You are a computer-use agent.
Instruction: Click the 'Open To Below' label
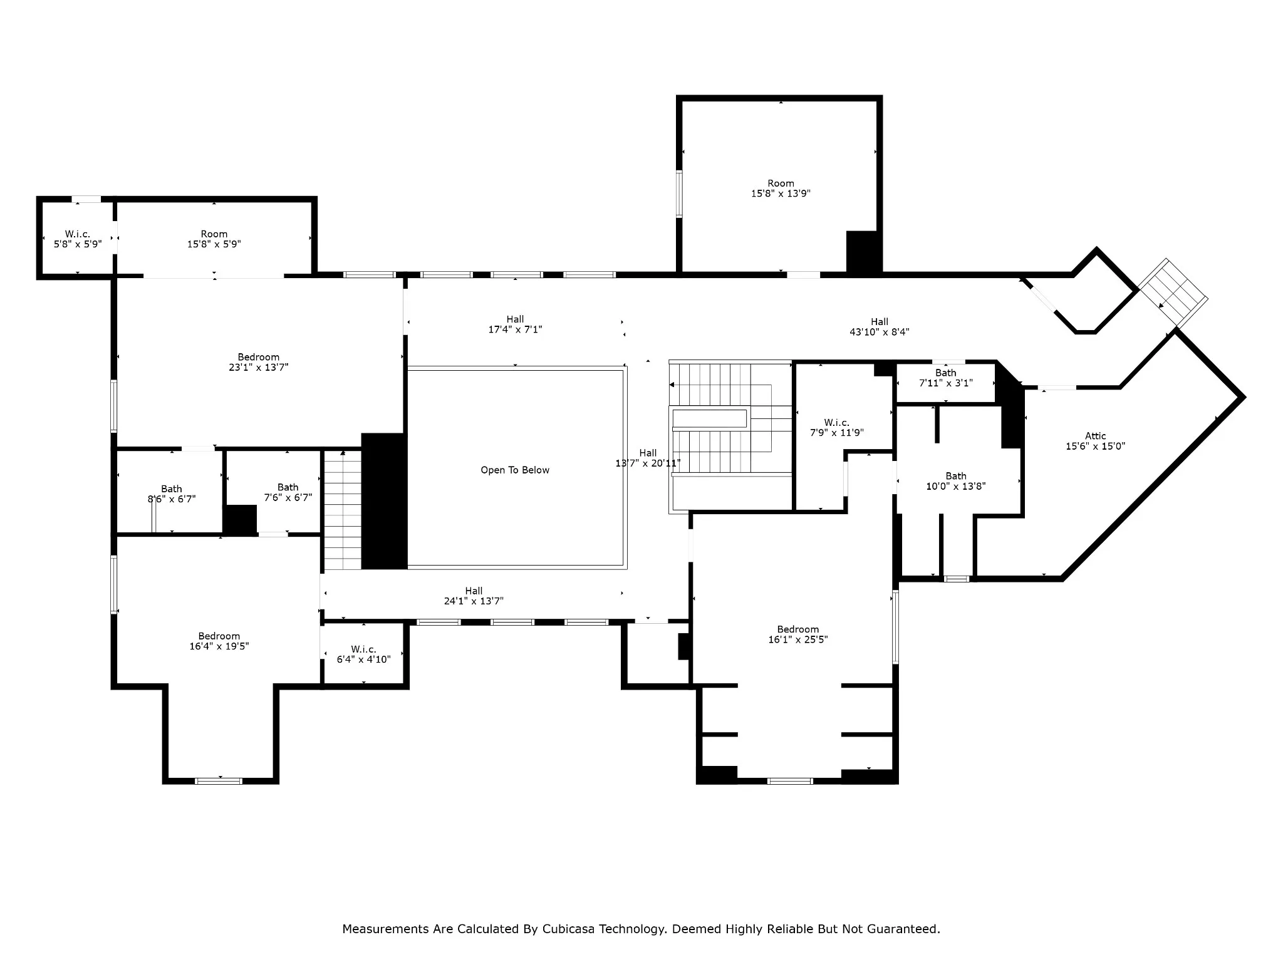(515, 470)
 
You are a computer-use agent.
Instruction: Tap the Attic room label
(1095, 441)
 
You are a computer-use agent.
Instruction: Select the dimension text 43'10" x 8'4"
(879, 332)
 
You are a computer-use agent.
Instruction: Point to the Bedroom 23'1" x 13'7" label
(258, 362)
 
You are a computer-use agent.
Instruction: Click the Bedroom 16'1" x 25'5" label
(797, 634)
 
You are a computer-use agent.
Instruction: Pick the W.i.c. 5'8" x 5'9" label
(78, 239)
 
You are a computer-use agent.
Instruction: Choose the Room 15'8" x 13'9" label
(781, 189)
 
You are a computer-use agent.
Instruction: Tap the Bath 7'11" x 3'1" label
(945, 378)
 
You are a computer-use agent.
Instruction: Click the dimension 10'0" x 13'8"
(956, 486)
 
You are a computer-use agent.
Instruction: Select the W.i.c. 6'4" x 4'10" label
(363, 654)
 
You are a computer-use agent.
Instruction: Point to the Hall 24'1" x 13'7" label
(474, 596)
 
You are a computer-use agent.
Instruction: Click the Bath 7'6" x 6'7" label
(288, 492)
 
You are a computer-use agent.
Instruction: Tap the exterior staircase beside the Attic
(1173, 292)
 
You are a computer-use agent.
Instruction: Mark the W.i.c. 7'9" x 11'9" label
(836, 427)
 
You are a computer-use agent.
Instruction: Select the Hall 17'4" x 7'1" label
(515, 324)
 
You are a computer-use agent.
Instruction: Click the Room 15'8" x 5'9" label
(214, 239)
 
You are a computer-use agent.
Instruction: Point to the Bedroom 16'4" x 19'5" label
(219, 641)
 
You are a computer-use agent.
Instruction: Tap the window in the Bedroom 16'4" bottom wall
(219, 781)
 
